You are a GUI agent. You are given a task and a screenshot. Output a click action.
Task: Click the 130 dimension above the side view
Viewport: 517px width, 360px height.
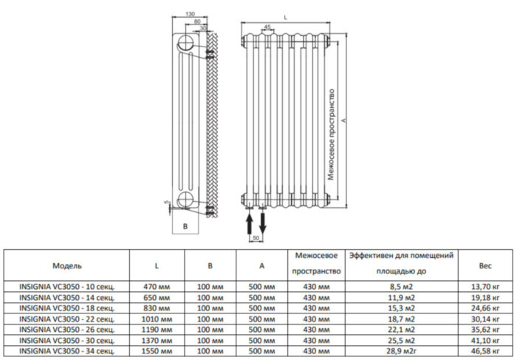(x=190, y=14)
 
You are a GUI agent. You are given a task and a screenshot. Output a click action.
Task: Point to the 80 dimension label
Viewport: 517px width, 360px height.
(x=197, y=21)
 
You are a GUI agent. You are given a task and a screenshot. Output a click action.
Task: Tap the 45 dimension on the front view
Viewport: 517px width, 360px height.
(x=267, y=27)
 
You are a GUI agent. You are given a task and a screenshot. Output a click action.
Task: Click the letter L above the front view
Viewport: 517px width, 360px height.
(x=286, y=18)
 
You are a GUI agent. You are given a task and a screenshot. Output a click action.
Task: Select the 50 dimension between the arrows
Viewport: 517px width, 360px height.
(x=256, y=238)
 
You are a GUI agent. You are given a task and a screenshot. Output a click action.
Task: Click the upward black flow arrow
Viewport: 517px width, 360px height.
(x=250, y=224)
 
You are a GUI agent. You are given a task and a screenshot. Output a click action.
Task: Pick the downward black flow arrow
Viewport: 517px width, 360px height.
(x=263, y=223)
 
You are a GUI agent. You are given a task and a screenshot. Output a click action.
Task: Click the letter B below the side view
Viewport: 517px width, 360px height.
(x=185, y=227)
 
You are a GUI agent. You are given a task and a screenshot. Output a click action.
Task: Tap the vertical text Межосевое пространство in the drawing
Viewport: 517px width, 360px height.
(x=332, y=135)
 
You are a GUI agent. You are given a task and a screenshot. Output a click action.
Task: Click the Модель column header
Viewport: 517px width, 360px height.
(x=67, y=265)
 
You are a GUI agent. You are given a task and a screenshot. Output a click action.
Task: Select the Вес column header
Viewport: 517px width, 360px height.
(x=485, y=265)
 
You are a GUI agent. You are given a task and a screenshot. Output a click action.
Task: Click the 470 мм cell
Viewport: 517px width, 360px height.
(x=157, y=287)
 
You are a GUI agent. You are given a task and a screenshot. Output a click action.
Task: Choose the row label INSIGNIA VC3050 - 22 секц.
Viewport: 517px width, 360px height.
(x=67, y=319)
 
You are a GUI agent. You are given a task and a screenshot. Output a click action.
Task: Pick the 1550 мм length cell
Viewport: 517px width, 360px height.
(x=157, y=351)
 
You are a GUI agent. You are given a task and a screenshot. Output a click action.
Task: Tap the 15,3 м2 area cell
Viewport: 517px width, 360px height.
(x=401, y=308)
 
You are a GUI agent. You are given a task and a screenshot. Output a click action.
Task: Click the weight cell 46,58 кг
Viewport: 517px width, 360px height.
(x=485, y=351)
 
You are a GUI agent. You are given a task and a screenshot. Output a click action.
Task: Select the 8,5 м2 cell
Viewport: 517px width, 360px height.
(x=401, y=287)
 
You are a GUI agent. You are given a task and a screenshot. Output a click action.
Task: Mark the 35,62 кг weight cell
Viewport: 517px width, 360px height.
(x=485, y=330)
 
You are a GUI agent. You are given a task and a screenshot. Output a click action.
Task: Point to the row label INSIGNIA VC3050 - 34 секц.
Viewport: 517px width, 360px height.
(x=67, y=351)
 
